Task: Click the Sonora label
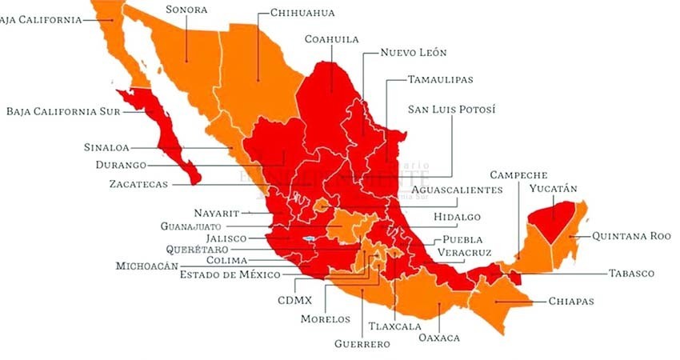186,9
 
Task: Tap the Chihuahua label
302,13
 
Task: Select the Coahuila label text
331,38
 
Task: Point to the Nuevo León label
413,53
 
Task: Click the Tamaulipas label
440,79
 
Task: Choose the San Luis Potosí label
451,109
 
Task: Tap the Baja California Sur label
63,111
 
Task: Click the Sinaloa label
106,147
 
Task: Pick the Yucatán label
553,189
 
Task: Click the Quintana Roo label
631,236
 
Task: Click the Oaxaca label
439,338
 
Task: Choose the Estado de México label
230,274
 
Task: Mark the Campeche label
518,174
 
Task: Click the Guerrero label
362,344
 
